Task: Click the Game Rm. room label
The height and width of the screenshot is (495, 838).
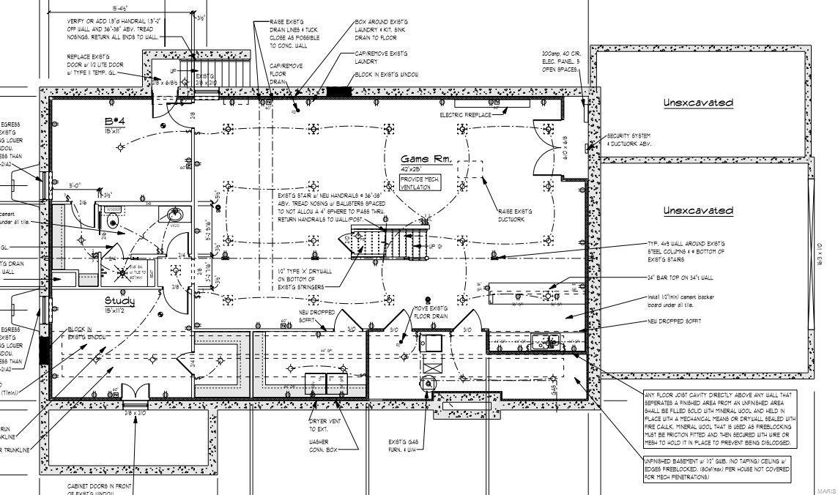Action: click(x=424, y=160)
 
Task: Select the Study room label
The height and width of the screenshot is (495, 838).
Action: click(x=119, y=300)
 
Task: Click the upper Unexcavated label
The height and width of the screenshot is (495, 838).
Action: click(x=697, y=103)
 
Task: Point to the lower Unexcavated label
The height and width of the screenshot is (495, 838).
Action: click(x=697, y=211)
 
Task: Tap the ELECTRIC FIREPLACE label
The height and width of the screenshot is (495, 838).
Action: click(x=465, y=115)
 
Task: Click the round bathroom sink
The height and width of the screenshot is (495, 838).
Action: click(x=174, y=215)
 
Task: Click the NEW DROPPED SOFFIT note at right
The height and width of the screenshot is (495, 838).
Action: click(x=674, y=321)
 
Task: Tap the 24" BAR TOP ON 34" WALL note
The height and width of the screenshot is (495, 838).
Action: click(x=680, y=278)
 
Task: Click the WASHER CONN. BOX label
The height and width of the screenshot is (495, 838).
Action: click(x=322, y=447)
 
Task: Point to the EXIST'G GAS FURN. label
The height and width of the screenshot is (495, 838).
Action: click(x=403, y=446)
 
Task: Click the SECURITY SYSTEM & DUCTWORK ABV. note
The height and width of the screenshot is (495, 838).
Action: click(x=628, y=139)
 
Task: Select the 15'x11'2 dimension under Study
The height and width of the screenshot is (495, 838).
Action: click(x=119, y=311)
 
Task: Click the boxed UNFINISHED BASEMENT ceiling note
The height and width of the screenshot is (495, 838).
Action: click(x=716, y=469)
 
